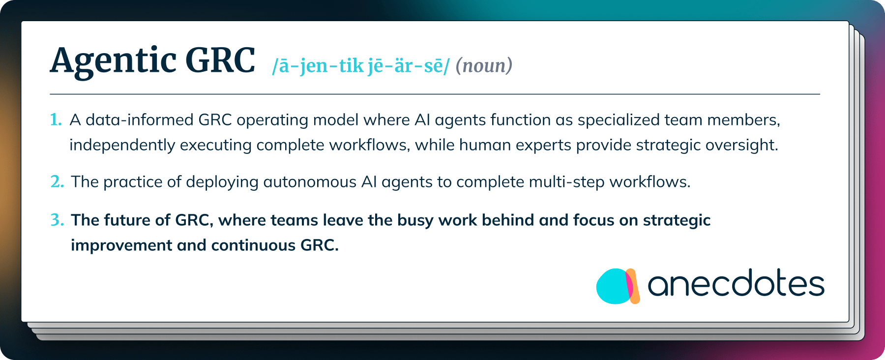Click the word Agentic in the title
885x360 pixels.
point(113,61)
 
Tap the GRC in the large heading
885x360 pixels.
point(220,60)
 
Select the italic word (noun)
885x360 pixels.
point(484,65)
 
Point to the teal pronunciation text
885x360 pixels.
point(361,66)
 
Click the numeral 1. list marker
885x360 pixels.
point(56,120)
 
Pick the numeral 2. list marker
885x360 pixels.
point(57,181)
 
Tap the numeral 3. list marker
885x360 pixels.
point(57,220)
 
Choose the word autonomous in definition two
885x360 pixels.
point(310,182)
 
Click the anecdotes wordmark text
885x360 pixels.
point(736,284)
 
